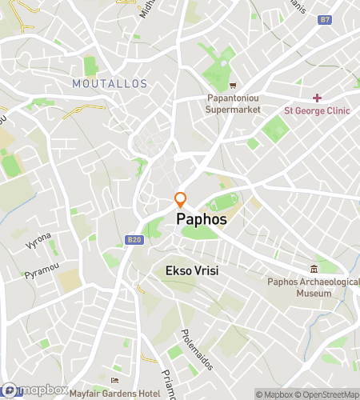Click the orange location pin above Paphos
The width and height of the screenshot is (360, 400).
[181, 200]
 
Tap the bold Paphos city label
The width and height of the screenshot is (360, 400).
[201, 218]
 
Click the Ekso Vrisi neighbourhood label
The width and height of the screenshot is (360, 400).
[191, 271]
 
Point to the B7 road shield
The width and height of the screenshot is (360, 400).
[324, 18]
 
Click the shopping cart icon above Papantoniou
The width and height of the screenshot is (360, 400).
[233, 86]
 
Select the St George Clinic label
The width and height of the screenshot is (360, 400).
[317, 110]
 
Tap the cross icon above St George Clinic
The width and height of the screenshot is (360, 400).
[317, 98]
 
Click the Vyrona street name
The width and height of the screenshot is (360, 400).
[38, 240]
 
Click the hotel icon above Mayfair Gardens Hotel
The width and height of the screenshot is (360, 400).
[115, 379]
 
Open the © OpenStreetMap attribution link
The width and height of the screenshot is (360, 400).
[329, 394]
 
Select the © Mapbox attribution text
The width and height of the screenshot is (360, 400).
[276, 394]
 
